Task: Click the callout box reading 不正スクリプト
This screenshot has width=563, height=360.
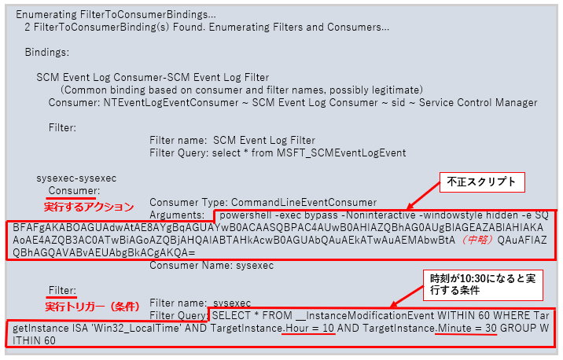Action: tap(482, 182)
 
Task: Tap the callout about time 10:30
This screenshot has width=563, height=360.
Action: tap(483, 285)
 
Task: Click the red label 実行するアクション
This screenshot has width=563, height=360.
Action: tap(89, 207)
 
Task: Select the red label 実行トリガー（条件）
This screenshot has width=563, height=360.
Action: tap(92, 307)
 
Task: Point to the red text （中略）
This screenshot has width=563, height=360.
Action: tap(476, 240)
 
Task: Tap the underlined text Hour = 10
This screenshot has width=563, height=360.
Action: tap(309, 328)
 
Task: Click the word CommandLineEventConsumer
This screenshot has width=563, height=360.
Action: tap(304, 203)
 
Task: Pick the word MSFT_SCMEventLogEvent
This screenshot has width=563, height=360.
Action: tap(341, 153)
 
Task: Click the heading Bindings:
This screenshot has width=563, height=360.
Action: tap(47, 53)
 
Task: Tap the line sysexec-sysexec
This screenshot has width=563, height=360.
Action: tap(76, 178)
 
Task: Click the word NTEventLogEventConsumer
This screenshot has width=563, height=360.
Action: tap(171, 103)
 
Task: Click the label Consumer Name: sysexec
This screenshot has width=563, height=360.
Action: tap(212, 266)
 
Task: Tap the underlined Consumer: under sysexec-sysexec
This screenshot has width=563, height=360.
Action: tap(74, 190)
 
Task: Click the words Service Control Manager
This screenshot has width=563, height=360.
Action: tap(478, 103)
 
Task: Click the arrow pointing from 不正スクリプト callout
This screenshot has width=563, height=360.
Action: tap(424, 196)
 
